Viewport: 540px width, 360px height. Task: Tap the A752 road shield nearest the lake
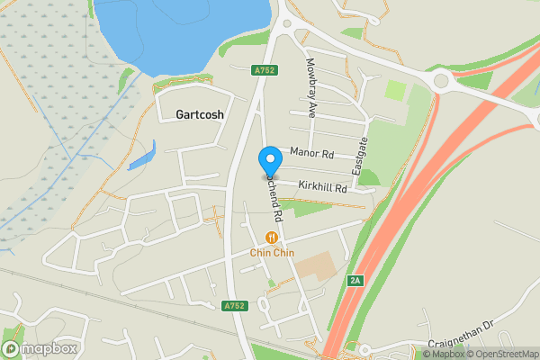click(x=264, y=69)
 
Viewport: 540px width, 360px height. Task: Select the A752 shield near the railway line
click(x=235, y=306)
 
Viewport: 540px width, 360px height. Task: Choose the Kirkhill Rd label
click(x=322, y=189)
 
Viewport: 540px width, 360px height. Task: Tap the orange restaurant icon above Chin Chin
click(x=271, y=238)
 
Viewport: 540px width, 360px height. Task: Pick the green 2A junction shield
click(x=355, y=282)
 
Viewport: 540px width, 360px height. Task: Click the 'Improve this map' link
click(x=531, y=353)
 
